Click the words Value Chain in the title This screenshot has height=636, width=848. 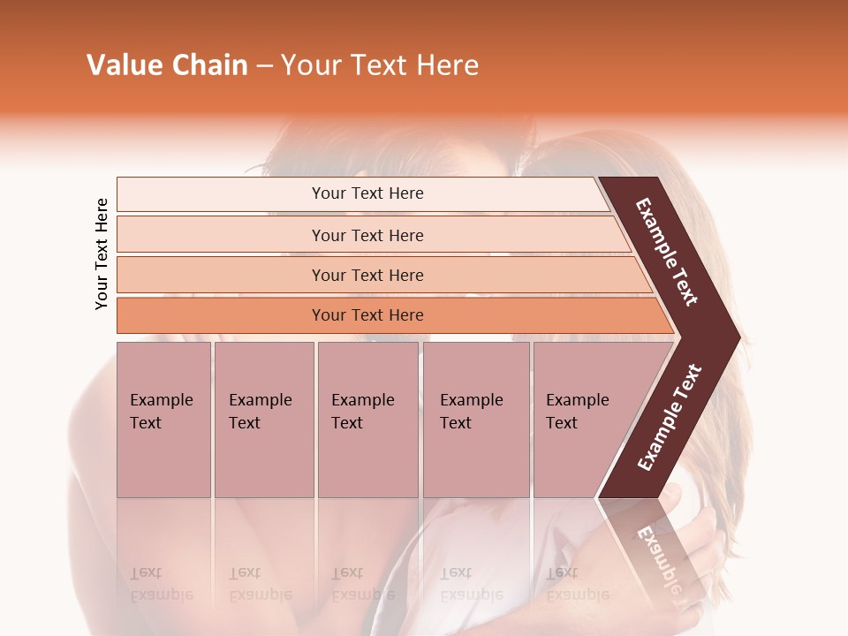pos(167,65)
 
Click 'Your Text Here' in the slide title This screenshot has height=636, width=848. pos(380,65)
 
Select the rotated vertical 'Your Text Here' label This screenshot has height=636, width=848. pos(102,254)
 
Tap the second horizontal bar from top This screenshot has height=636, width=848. pos(367,235)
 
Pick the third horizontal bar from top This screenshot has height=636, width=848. pos(367,275)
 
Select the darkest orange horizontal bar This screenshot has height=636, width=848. pos(367,315)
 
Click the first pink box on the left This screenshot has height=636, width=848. pos(163,419)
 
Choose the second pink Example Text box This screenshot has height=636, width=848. pos(263,419)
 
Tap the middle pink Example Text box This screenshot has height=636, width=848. pos(367,419)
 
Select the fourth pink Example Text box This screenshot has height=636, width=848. pos(476,419)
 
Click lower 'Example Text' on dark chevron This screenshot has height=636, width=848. pos(670,418)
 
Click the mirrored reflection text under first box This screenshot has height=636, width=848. pos(161,584)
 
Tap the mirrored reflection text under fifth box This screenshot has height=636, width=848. pos(578,584)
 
